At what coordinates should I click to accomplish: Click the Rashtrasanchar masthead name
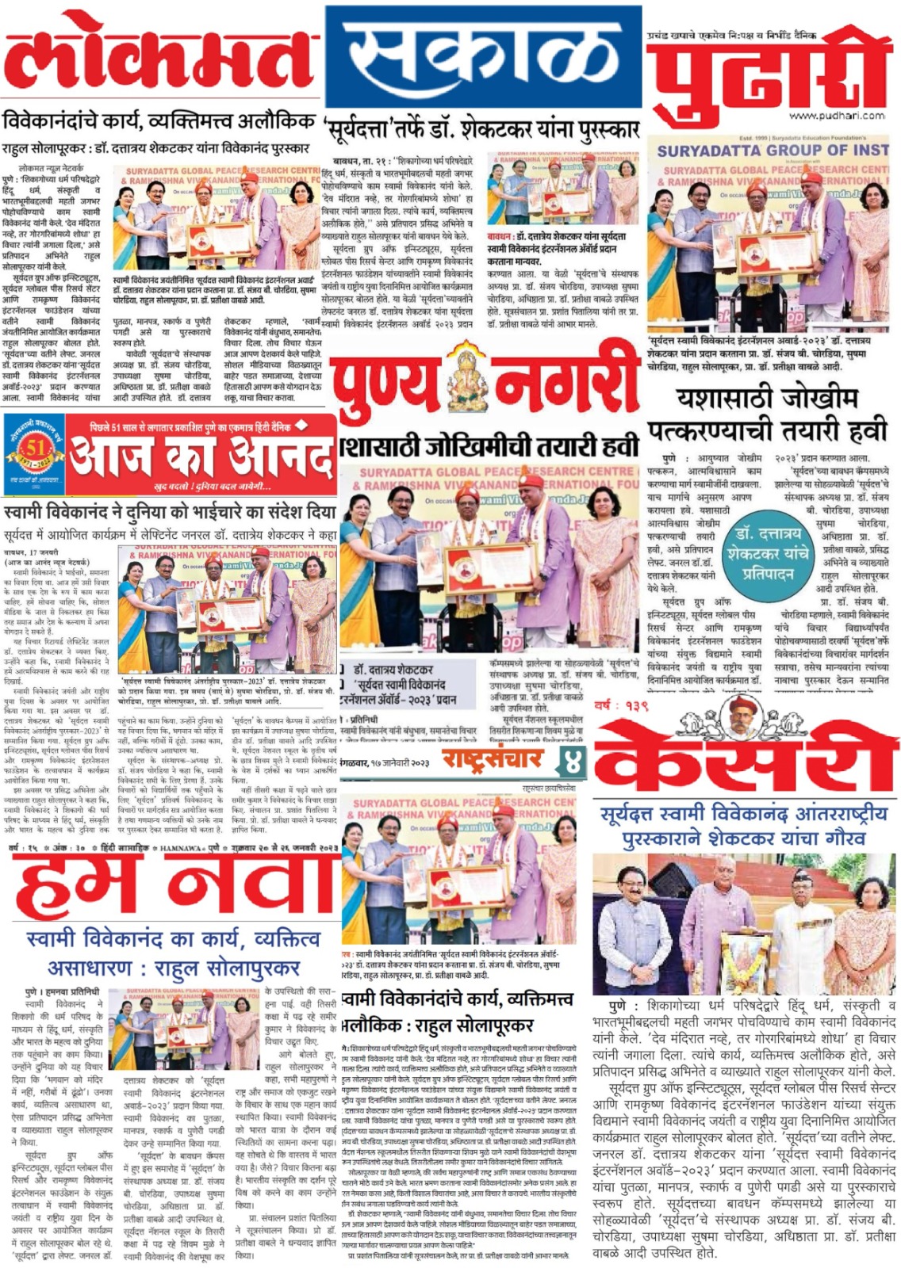[492, 758]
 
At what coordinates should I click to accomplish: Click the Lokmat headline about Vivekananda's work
[159, 123]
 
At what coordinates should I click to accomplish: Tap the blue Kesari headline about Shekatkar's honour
[743, 826]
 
